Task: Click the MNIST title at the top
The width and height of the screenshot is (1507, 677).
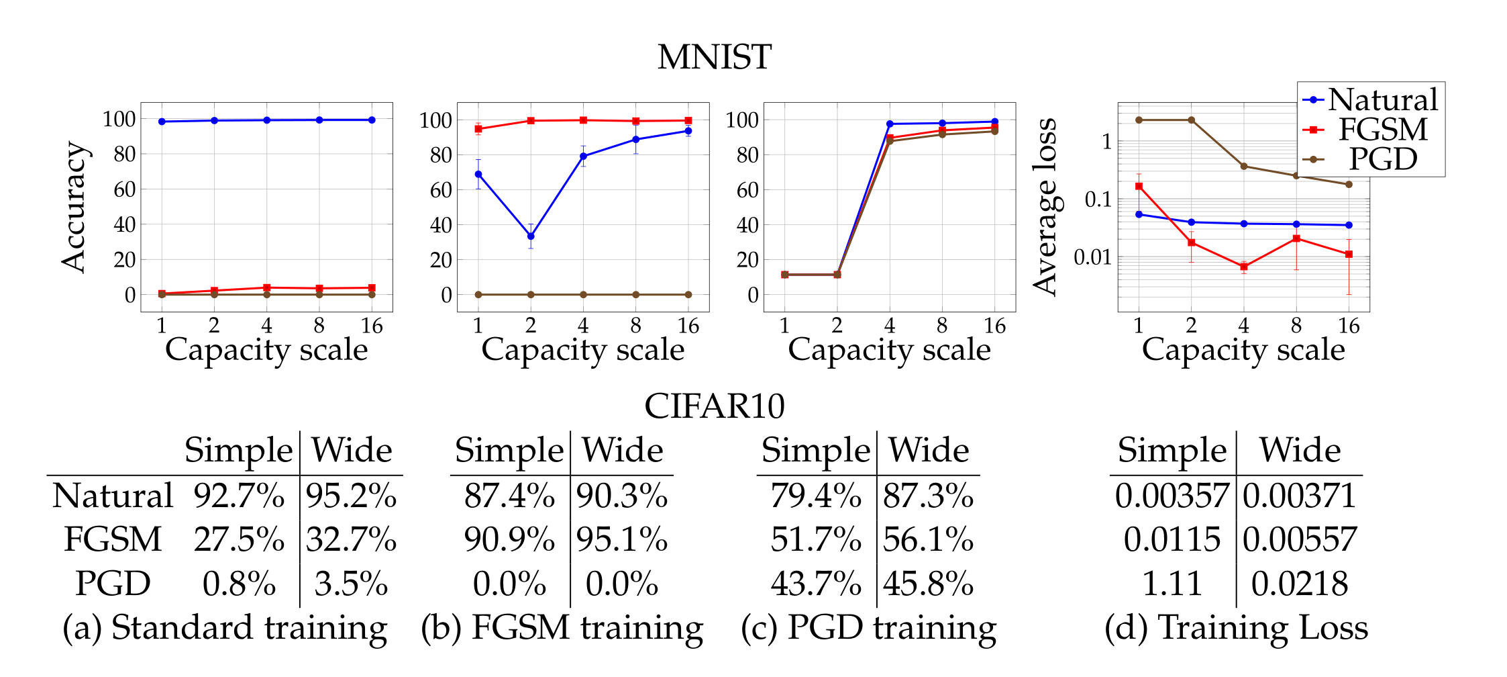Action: tap(714, 57)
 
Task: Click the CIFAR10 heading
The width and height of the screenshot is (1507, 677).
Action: tap(714, 406)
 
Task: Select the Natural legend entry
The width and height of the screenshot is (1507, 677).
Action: tap(1382, 99)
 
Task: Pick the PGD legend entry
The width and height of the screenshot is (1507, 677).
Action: tap(1382, 159)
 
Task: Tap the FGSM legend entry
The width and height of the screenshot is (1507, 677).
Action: tap(1382, 130)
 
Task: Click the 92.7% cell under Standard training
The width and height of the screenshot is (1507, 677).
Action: tap(239, 496)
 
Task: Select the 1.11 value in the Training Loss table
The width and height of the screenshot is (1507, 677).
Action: tap(1172, 584)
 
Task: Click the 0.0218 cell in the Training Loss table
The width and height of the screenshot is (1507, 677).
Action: tap(1299, 584)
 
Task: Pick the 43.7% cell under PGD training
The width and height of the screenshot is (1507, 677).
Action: tap(815, 584)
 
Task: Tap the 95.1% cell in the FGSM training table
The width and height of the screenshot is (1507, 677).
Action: tap(622, 540)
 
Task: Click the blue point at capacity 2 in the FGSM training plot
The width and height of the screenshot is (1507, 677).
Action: tap(531, 236)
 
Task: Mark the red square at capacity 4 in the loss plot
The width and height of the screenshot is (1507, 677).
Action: tap(1243, 267)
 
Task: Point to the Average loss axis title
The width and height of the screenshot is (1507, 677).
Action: tap(1045, 207)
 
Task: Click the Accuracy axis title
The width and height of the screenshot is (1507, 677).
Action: tap(73, 207)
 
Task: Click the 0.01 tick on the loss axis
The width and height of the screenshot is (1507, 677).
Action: tap(1092, 257)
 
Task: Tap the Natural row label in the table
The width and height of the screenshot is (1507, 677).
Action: tap(113, 496)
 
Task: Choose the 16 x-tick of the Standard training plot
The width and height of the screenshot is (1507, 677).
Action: tap(372, 326)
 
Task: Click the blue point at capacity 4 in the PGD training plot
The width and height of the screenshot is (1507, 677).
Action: tap(890, 124)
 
